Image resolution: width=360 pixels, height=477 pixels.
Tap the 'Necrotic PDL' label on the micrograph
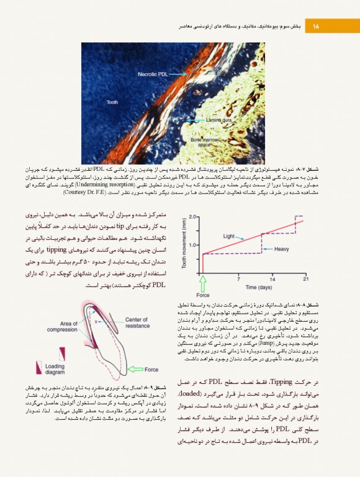tap(153, 75)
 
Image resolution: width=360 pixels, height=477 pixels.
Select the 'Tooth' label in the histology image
tap(112, 102)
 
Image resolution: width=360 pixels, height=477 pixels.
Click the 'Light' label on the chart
tap(229, 236)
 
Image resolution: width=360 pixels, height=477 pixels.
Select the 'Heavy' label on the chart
tap(281, 249)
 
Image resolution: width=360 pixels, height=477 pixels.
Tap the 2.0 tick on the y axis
tap(192, 217)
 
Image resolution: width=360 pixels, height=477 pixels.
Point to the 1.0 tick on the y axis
tap(192, 244)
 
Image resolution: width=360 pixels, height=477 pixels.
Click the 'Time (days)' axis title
tap(259, 288)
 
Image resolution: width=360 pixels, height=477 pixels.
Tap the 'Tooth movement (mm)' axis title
tap(184, 246)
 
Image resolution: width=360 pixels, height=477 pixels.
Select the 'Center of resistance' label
tap(137, 322)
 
